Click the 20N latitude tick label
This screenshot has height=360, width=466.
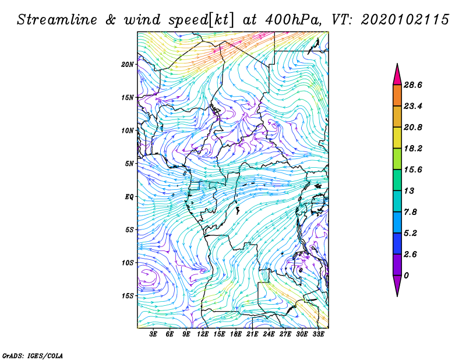pyautogui.click(x=128, y=65)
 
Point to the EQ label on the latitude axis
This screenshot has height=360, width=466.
pyautogui.click(x=129, y=197)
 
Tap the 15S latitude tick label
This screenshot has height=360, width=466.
pyautogui.click(x=128, y=296)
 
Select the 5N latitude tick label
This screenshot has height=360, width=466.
pyautogui.click(x=129, y=164)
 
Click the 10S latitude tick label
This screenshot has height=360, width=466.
pyautogui.click(x=128, y=263)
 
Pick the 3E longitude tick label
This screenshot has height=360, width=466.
pyautogui.click(x=153, y=334)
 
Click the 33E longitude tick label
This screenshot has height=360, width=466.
pyautogui.click(x=318, y=334)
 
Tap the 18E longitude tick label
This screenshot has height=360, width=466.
pyautogui.click(x=236, y=334)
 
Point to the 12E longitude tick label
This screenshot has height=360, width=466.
pyautogui.click(x=203, y=334)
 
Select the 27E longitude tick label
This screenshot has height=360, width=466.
pyautogui.click(x=285, y=334)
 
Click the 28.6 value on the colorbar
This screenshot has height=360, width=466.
pyautogui.click(x=413, y=85)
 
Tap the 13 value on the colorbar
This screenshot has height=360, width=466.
pyautogui.click(x=409, y=191)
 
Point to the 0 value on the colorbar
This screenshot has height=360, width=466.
pyautogui.click(x=406, y=276)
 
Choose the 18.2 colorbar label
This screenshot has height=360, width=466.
pyautogui.click(x=413, y=149)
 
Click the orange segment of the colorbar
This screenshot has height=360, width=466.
pyautogui.click(x=397, y=96)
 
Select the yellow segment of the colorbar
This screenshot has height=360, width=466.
pyautogui.click(x=397, y=137)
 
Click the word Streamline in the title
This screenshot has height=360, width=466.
pyautogui.click(x=57, y=20)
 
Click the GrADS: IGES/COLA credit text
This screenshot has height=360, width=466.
pyautogui.click(x=33, y=355)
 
